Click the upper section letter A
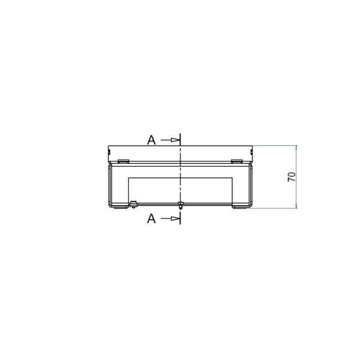151,140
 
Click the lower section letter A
151,218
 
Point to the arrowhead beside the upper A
175,140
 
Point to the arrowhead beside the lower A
175,218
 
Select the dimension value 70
292,177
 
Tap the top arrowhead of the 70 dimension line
296,148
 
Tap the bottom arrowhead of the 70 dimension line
296,206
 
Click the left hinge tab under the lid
123,161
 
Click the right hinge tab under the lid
237,161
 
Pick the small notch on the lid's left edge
109,152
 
